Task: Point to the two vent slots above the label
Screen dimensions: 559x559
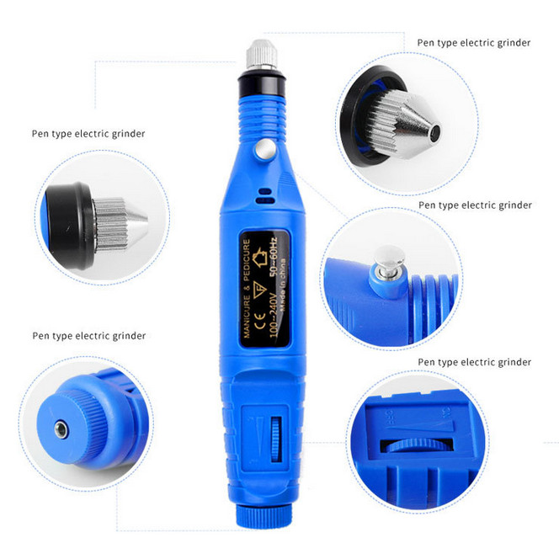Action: (265, 196)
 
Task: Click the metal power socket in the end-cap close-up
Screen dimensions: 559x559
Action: (61, 425)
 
